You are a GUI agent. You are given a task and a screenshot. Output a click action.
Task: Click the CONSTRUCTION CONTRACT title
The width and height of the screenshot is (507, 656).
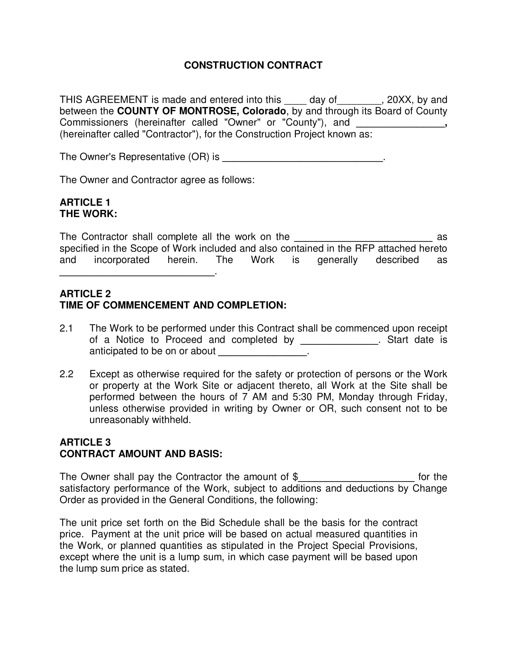pyautogui.click(x=253, y=65)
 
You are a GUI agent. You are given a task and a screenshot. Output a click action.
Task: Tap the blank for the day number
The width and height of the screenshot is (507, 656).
pyautogui.click(x=295, y=100)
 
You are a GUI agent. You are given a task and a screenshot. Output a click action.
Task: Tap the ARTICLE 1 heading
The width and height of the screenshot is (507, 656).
pyautogui.click(x=85, y=202)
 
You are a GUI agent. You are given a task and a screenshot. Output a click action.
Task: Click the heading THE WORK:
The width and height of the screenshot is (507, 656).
pyautogui.click(x=88, y=214)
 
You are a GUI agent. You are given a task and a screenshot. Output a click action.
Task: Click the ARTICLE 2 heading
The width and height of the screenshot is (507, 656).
pyautogui.click(x=85, y=293)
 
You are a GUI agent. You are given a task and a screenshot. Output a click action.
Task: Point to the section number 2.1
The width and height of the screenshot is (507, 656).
pyautogui.click(x=66, y=328)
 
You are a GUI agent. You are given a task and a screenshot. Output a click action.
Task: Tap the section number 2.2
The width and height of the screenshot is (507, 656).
pyautogui.click(x=66, y=374)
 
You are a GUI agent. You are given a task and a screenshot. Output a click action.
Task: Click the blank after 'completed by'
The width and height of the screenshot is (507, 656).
pyautogui.click(x=339, y=341)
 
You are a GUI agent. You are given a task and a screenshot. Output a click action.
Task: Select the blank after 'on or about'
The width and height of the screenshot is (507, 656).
pyautogui.click(x=262, y=353)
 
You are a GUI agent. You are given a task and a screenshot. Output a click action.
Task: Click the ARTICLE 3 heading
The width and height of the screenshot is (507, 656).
pyautogui.click(x=85, y=442)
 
